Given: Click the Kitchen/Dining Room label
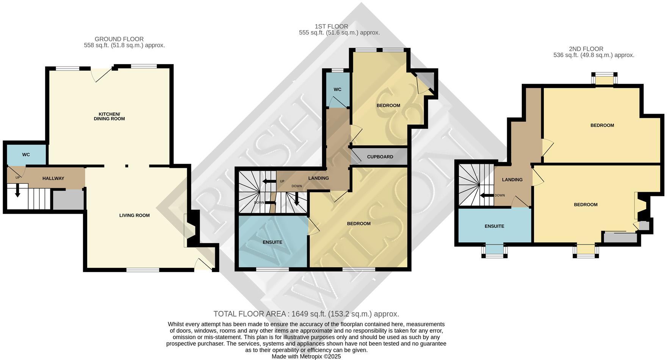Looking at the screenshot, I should [109, 116].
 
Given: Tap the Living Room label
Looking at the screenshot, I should [134, 215].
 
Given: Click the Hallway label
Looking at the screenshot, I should [53, 178].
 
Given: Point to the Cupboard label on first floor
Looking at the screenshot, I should [380, 157].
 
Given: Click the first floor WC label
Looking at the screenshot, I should [337, 89].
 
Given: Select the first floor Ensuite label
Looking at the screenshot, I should [272, 242].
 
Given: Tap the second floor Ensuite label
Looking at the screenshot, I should [494, 226].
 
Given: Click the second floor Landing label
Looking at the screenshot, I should [512, 180].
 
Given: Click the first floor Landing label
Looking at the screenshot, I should [318, 178].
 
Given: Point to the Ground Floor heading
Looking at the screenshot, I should [119, 39].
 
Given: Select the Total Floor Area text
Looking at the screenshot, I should [306, 314].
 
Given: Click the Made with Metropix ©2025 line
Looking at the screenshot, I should [306, 357].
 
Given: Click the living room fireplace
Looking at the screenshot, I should [192, 230].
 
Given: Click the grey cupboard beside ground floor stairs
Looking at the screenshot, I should [68, 200].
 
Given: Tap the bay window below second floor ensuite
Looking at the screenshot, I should [495, 250].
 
